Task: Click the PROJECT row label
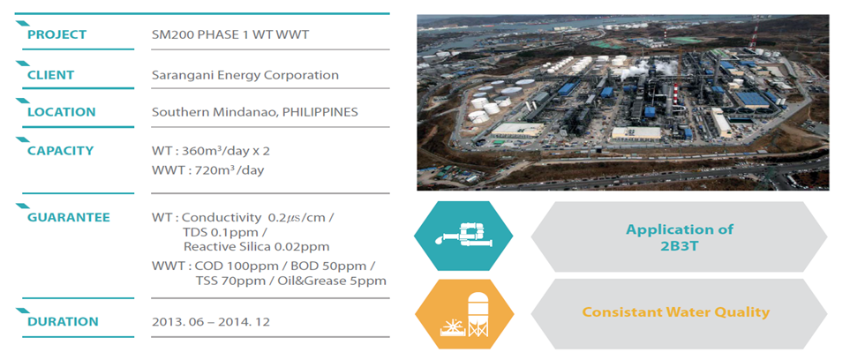[56, 34]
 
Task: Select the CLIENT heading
[51, 75]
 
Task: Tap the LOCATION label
[61, 112]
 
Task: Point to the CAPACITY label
[60, 150]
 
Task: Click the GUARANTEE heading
[69, 217]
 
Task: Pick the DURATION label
[63, 321]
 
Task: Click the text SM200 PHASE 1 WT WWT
[230, 34]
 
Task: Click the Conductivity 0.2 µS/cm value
[258, 218]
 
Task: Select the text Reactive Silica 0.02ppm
[256, 247]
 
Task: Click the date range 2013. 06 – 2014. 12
[211, 321]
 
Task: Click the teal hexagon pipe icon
[463, 236]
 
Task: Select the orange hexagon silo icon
[464, 314]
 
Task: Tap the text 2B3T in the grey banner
[680, 244]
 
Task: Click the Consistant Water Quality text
[675, 312]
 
